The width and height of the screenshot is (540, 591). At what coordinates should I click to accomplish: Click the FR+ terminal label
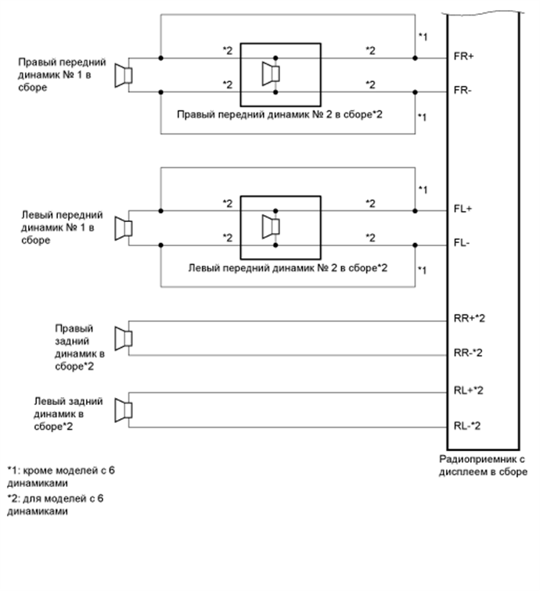pos(464,58)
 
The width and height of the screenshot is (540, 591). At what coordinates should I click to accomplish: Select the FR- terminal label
pos(463,91)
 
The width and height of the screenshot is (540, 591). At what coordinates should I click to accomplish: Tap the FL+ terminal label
pos(463,210)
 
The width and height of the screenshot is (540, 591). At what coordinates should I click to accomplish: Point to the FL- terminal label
pos(463,243)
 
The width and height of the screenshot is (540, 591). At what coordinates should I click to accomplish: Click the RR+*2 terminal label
pos(470,319)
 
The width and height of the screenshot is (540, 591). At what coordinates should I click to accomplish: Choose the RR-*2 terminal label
pos(469,353)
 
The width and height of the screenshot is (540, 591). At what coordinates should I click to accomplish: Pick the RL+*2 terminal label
pos(469,389)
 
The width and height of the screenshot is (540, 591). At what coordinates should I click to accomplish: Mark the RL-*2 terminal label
pos(468,425)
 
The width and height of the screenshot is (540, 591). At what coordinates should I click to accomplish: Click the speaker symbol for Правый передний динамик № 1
pos(124,75)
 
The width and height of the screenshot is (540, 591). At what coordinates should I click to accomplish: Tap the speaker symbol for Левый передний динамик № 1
pos(124,227)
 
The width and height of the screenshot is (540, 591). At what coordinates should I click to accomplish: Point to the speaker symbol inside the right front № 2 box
pos(271,75)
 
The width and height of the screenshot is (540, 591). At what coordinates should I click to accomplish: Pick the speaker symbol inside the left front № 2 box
pos(271,227)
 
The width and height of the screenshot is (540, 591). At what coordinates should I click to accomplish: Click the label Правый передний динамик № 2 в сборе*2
pos(283,115)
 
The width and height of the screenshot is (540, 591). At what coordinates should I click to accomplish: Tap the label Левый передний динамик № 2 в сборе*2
pos(289,267)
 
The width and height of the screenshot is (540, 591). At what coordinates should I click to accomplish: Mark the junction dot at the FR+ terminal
pos(416,58)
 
